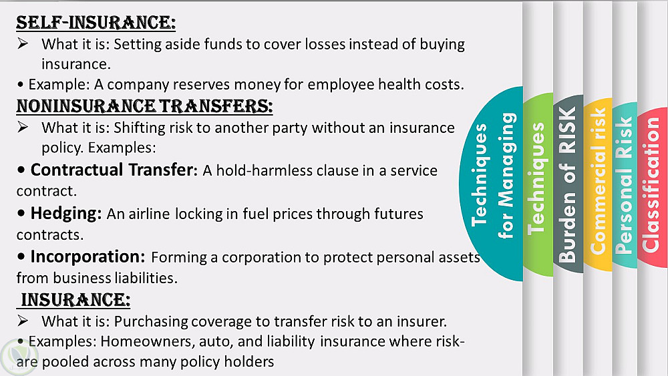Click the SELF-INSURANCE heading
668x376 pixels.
tap(96, 23)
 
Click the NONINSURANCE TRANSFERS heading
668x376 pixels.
tap(144, 106)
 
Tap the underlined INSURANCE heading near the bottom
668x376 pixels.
tap(75, 300)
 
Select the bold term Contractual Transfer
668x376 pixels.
tap(114, 170)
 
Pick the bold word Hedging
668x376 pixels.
tap(66, 213)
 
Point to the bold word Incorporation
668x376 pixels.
tap(88, 256)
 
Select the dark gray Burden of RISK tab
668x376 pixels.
tap(568, 184)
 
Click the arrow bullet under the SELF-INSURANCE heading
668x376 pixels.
tap(23, 43)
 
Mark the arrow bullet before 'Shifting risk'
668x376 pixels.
tap(23, 127)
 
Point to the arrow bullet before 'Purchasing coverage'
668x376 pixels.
tap(23, 320)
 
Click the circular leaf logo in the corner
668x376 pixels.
tap(19, 357)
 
